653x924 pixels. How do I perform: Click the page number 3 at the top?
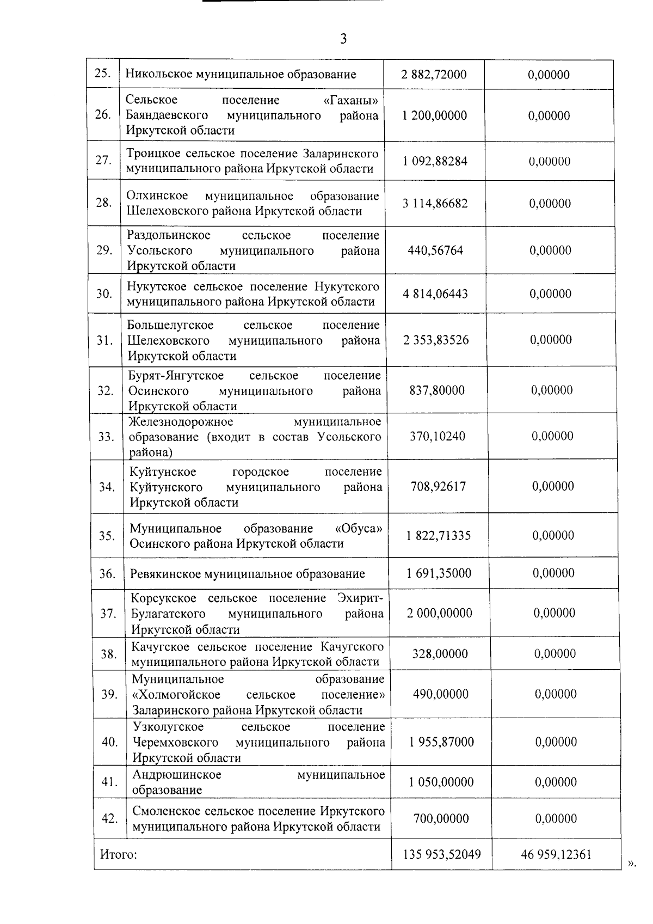tap(343, 39)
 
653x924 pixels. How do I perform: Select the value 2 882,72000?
tap(434, 75)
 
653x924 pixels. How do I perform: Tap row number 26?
tap(103, 115)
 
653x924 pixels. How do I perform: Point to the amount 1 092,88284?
tap(435, 161)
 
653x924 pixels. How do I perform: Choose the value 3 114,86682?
tap(435, 204)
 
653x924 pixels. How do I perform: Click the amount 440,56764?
tap(435, 250)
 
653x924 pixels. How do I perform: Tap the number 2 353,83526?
tap(436, 340)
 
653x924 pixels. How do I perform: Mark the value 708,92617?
tap(438, 486)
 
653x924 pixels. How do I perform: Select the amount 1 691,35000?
tap(439, 573)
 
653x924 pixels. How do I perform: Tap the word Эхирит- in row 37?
tap(360, 598)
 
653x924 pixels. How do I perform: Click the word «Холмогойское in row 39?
tap(176, 695)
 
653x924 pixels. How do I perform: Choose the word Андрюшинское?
tap(177, 775)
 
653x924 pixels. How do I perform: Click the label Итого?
tap(118, 854)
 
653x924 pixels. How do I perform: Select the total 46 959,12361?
tap(556, 854)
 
